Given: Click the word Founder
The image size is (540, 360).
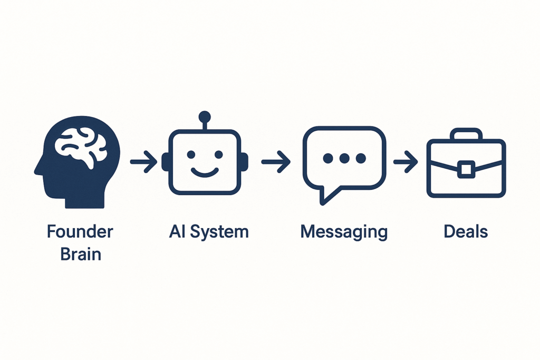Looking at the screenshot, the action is (80, 231).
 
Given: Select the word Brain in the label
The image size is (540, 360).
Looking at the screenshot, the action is (81, 255).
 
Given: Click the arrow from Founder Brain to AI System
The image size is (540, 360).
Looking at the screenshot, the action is (143, 161).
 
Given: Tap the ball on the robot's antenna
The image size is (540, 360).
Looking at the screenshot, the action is (205, 116).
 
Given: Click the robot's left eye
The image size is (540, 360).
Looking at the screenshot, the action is (191, 154).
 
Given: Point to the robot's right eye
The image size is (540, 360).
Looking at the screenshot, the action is (218, 154).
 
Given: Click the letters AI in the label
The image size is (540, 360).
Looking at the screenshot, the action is (177, 231).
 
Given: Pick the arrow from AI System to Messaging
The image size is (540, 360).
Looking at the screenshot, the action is (275, 161).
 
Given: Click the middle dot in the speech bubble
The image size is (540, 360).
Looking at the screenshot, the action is (344, 158).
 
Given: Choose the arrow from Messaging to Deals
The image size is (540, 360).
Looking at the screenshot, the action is (406, 161).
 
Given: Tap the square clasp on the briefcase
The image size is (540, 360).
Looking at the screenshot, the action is (466, 169).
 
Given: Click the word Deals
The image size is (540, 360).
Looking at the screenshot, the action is (466, 231).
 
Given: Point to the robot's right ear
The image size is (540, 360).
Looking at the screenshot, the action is (245, 161).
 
